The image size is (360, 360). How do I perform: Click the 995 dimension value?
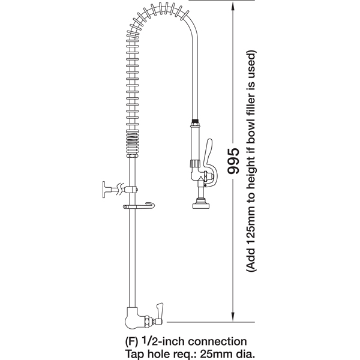click(x=233, y=160)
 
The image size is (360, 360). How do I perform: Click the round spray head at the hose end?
click(x=201, y=205)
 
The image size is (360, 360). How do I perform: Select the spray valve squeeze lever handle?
click(x=209, y=161)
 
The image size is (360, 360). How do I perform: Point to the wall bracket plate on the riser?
click(x=104, y=190)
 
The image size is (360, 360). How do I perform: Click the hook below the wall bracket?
click(x=139, y=206)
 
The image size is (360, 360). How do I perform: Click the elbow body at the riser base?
click(x=133, y=319)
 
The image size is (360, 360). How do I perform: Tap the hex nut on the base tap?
click(x=147, y=322)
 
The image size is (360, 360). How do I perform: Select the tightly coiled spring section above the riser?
click(x=133, y=143)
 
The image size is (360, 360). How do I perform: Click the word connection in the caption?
click(x=217, y=341)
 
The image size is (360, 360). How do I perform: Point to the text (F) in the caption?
click(x=131, y=342)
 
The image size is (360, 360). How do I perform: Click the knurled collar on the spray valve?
click(x=195, y=163)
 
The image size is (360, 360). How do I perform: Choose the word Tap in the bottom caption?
click(x=134, y=354)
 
